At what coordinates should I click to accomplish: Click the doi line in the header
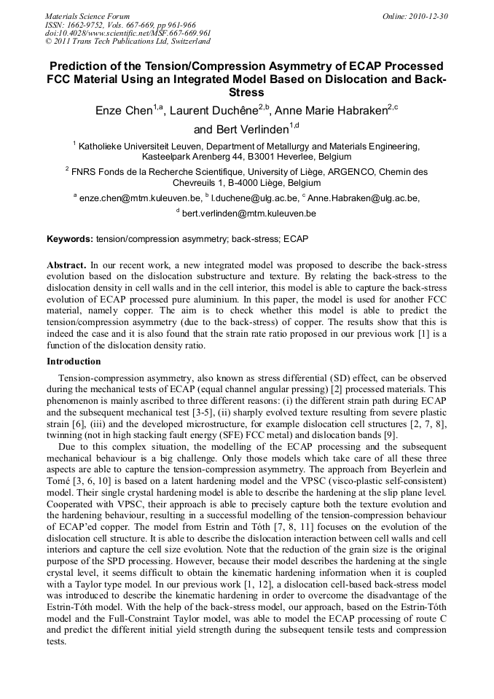pos(128,33)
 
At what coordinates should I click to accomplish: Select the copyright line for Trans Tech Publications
pos(128,42)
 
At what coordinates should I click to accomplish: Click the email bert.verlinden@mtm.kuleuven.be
pos(249,214)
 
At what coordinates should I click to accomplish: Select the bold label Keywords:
pos(70,239)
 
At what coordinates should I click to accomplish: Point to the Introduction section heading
pos(74,362)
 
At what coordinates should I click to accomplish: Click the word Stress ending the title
pos(246,93)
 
